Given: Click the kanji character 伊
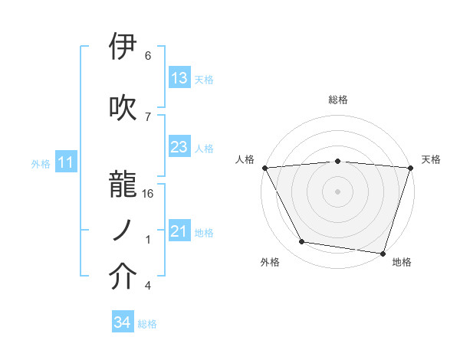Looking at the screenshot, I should coord(123,47).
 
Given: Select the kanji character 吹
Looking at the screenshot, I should coord(123,107).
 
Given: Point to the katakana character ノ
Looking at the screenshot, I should coord(123,229).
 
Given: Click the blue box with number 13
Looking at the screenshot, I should coord(179,78).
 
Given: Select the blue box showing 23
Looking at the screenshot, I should coord(179,147).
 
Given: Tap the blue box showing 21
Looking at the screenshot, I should coord(179,231).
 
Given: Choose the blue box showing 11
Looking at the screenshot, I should coord(65,162).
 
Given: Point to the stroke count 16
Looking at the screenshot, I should coord(148,194).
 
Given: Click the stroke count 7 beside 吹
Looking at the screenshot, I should coord(148,116).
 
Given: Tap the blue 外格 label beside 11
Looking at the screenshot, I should coord(41,163).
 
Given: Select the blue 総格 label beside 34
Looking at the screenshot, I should coord(147,324).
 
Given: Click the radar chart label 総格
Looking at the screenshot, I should coord(338,100).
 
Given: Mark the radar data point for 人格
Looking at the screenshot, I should coord(264,168).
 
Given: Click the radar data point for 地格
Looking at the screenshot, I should coord(383,253).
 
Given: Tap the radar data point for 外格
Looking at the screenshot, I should coord(302,242).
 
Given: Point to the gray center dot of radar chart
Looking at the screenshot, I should coord(338,191).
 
